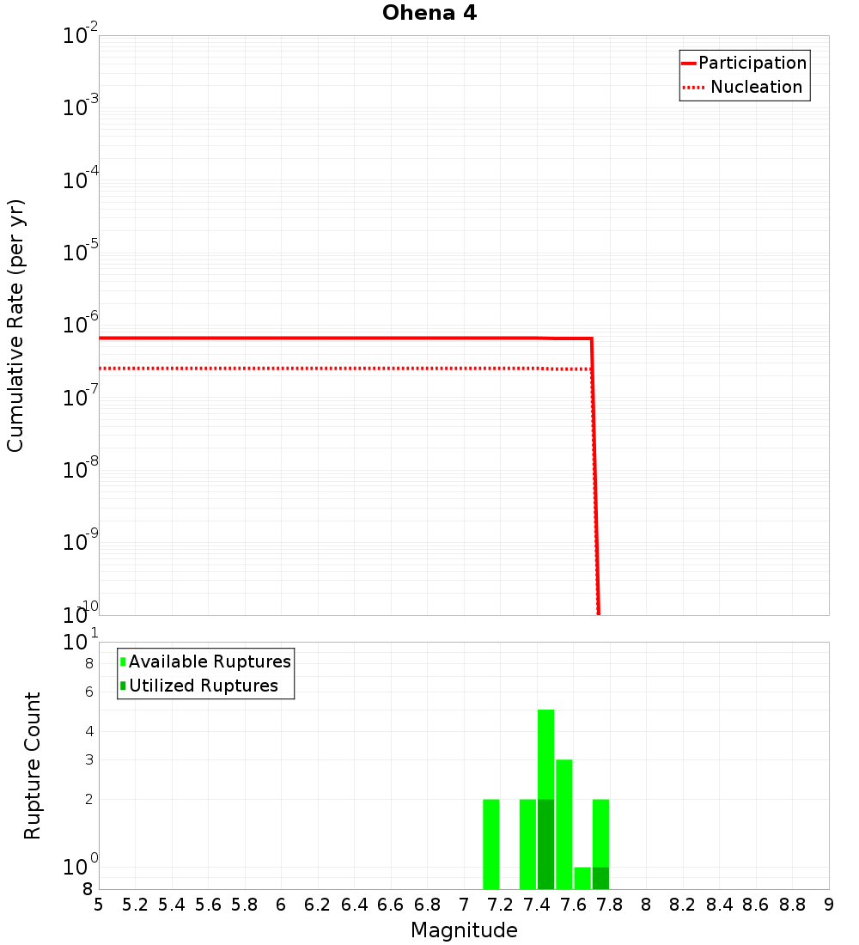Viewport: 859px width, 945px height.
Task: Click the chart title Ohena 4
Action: click(x=429, y=13)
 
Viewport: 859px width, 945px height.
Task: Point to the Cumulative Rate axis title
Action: click(x=15, y=325)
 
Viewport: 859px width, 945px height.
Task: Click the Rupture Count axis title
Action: click(x=33, y=765)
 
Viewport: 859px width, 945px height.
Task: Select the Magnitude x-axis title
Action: click(x=464, y=930)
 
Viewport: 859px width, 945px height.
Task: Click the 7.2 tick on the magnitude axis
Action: click(x=501, y=904)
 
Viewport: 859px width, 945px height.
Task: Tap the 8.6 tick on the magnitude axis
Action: click(x=756, y=904)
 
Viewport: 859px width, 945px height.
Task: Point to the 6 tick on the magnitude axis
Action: click(x=281, y=904)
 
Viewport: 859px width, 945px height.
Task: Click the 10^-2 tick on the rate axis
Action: click(x=81, y=36)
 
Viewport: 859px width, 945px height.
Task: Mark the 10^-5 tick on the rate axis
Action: click(x=81, y=253)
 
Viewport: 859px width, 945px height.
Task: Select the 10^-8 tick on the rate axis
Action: click(x=81, y=470)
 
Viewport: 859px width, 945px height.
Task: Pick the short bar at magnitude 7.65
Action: click(x=582, y=878)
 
